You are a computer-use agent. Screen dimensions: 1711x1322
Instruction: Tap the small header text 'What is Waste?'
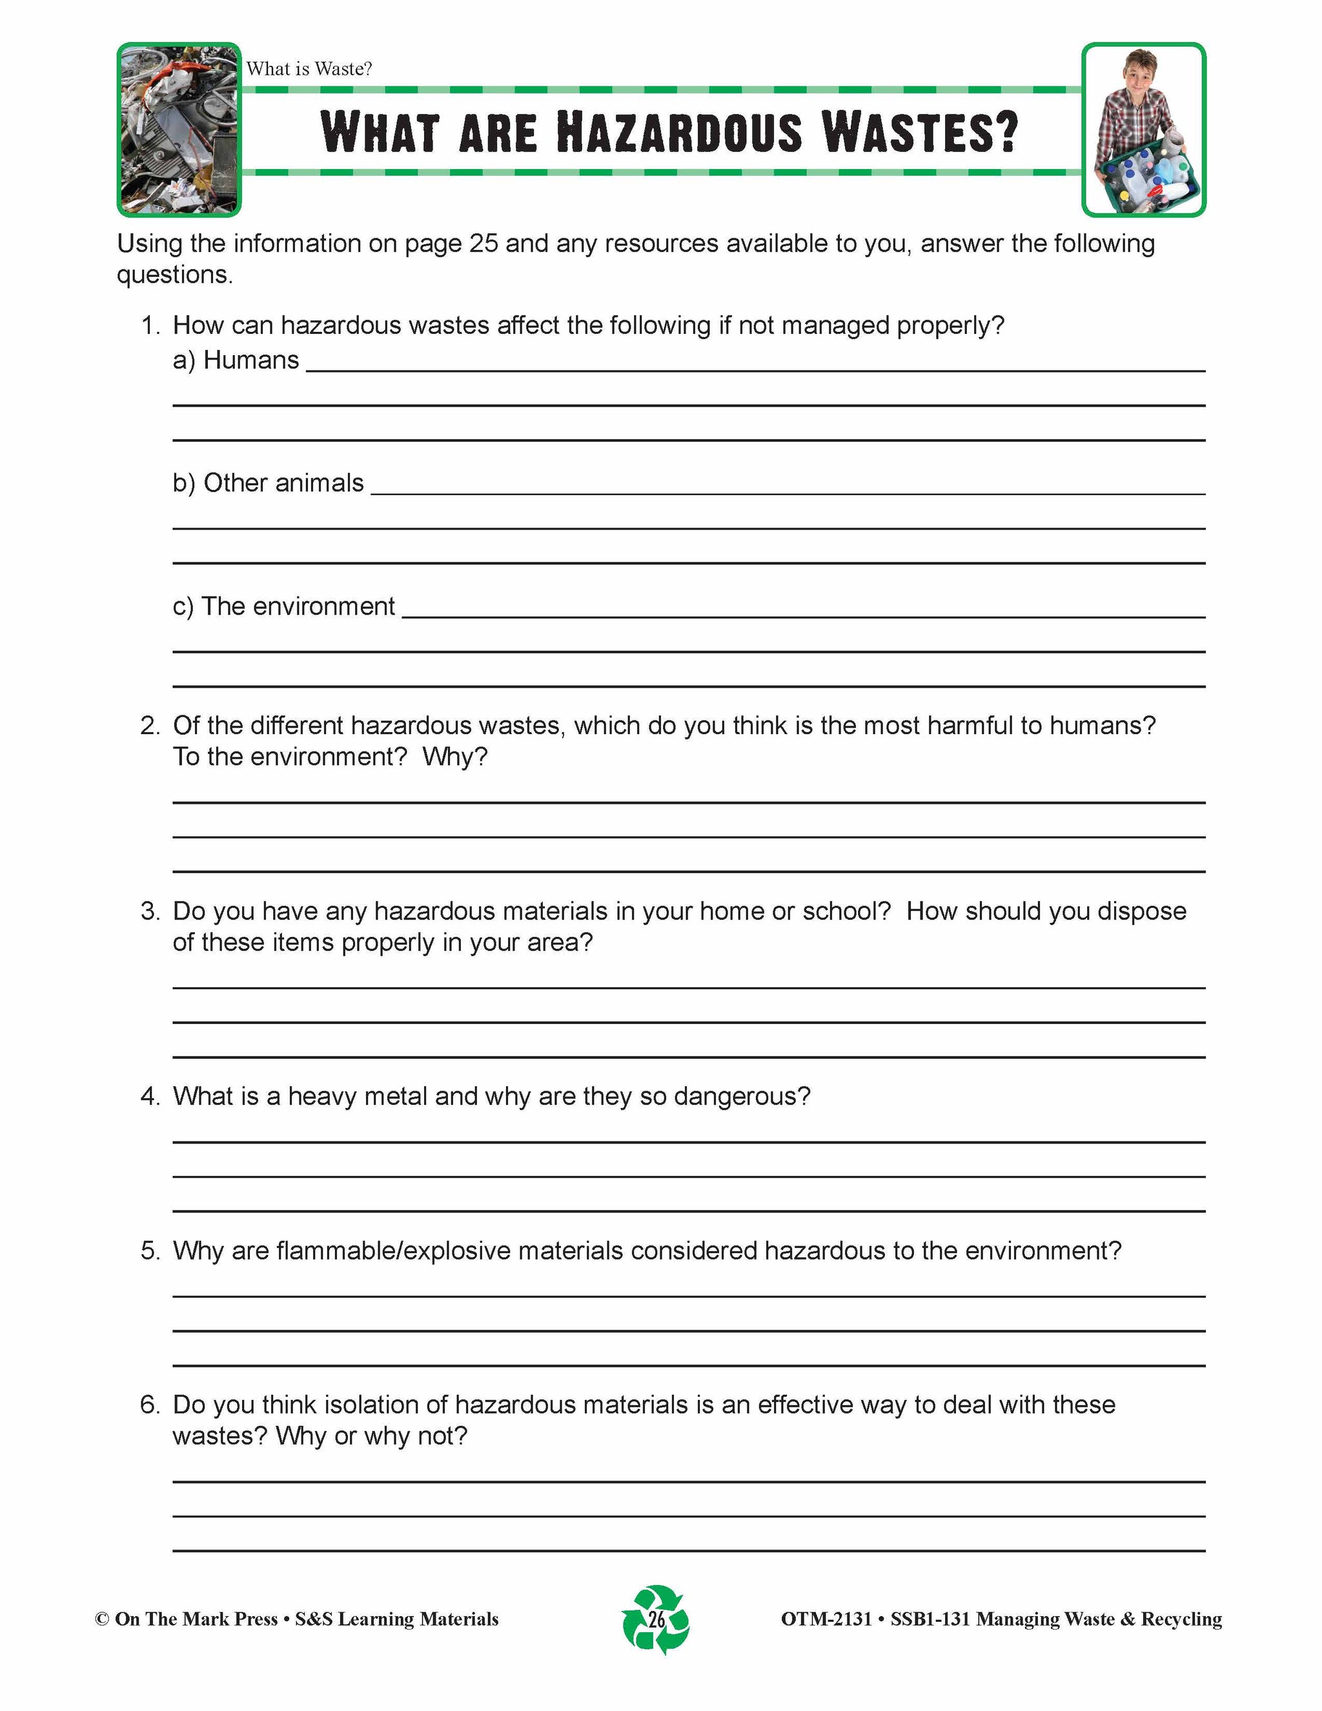tap(309, 69)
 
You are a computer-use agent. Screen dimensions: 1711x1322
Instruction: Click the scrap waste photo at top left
tap(179, 129)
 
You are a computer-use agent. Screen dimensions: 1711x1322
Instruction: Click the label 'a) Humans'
tap(236, 360)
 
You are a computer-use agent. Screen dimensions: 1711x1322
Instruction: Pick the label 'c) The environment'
tap(283, 606)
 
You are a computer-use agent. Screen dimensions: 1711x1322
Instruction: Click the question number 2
tap(150, 726)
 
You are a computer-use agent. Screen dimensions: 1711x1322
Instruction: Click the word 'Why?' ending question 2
tap(454, 757)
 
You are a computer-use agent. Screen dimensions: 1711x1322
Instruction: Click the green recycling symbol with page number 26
tap(656, 1619)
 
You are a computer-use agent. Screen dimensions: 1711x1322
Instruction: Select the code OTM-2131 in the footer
tap(826, 1619)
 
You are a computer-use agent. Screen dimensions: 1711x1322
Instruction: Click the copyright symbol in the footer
tap(102, 1619)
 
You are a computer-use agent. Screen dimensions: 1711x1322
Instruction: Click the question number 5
tap(150, 1251)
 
